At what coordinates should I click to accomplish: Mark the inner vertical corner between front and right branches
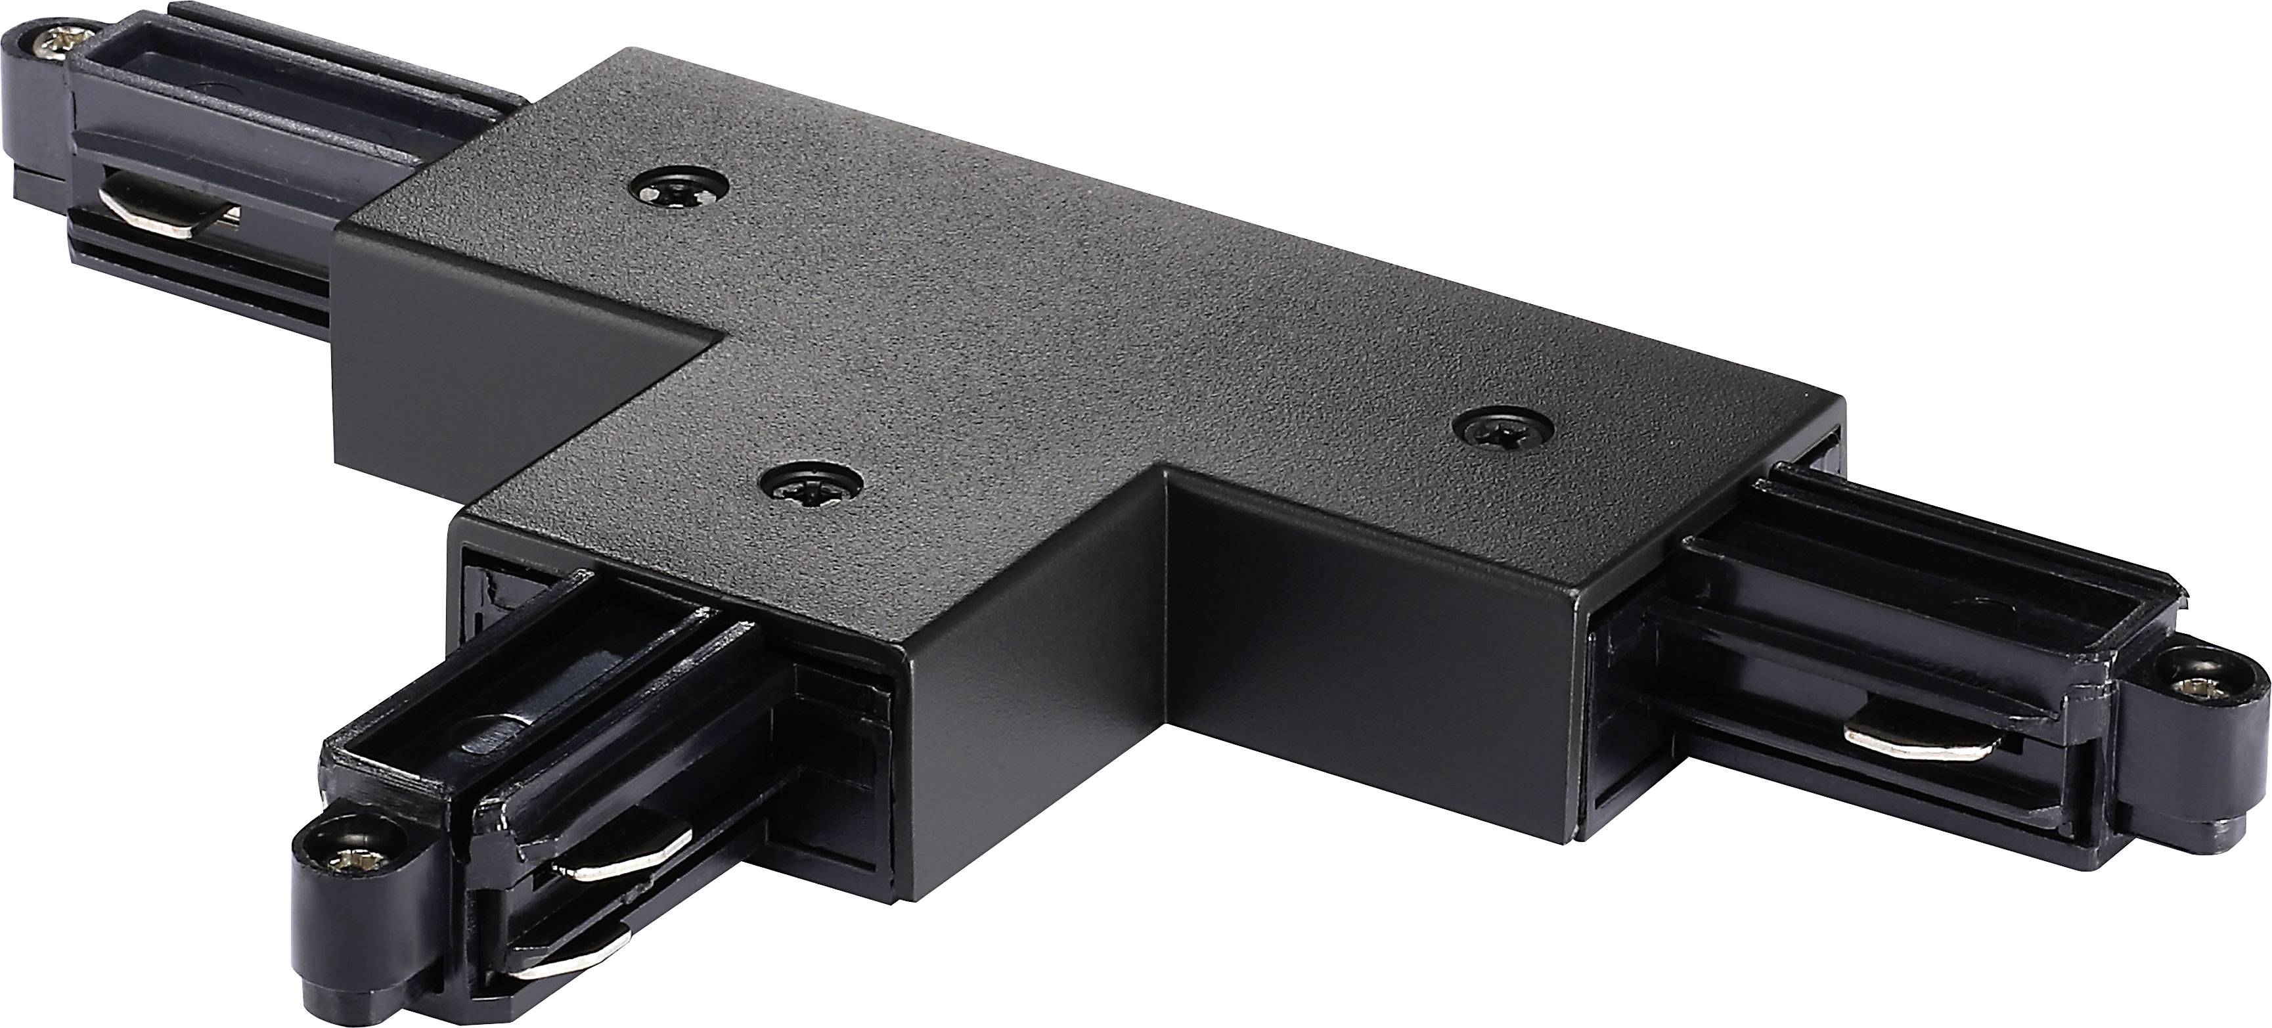pos(1169,547)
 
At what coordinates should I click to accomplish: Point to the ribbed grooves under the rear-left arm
pos(203,256)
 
